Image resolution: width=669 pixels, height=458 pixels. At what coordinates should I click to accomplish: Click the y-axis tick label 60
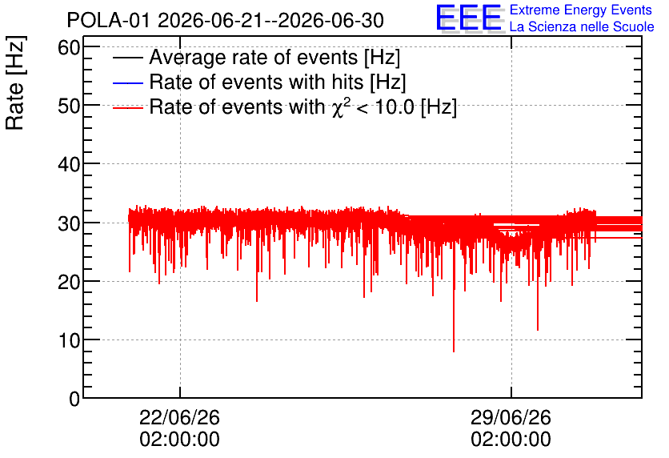click(x=69, y=48)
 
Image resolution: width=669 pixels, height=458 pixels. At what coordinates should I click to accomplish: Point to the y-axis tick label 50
click(x=69, y=106)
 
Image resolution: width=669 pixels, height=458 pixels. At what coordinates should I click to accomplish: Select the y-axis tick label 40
click(x=69, y=164)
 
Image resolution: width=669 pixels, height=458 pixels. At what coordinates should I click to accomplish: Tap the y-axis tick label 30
click(x=69, y=223)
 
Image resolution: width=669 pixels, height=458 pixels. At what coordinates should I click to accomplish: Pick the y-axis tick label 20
click(x=69, y=282)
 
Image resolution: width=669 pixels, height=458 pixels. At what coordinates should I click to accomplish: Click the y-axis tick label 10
click(x=69, y=340)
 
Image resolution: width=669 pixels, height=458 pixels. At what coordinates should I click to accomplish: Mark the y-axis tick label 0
click(x=74, y=399)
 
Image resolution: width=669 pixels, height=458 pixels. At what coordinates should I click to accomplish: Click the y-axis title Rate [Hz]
click(x=15, y=82)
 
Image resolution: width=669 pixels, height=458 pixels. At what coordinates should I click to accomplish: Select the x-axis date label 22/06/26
click(x=179, y=417)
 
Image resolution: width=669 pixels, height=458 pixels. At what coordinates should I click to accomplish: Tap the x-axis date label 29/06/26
click(x=511, y=417)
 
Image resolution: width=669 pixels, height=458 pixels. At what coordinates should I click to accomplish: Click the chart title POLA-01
click(x=109, y=20)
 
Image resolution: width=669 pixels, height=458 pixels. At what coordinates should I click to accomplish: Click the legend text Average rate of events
click(x=254, y=57)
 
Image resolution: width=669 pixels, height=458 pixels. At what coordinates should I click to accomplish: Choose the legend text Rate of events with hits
click(x=256, y=82)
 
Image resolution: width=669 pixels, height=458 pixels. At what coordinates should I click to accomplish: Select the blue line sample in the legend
click(x=127, y=82)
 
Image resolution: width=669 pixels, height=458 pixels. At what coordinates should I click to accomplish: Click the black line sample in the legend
click(x=127, y=58)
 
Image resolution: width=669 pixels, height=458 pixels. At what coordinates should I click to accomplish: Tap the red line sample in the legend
click(x=127, y=107)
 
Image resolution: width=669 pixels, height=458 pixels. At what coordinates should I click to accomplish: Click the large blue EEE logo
click(x=469, y=18)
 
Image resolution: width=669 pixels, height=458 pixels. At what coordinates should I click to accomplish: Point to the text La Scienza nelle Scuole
click(x=582, y=26)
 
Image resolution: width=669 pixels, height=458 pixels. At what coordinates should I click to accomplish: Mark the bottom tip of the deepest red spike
click(x=454, y=352)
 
